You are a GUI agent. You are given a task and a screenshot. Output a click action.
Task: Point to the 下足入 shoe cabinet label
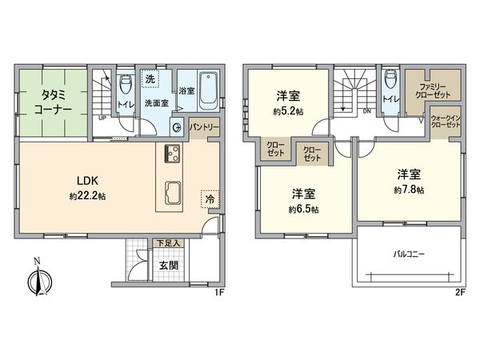[167, 240]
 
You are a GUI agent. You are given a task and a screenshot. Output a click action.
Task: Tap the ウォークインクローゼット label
[446, 122]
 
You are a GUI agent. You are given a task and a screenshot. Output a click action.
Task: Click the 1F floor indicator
[218, 293]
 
